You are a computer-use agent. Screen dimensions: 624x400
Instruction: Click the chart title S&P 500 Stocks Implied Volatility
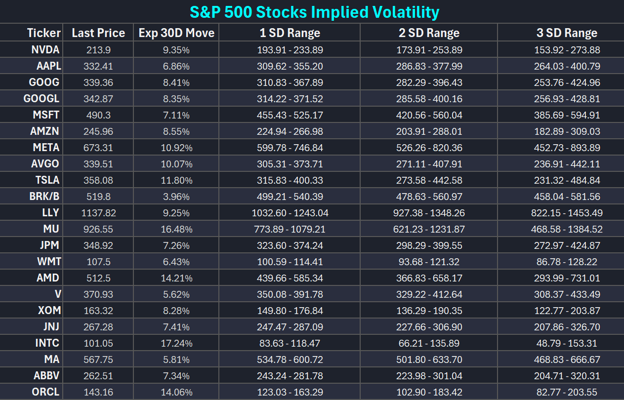315,12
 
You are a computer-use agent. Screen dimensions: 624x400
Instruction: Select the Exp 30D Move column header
176,33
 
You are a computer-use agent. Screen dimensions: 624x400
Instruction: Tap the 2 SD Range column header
429,33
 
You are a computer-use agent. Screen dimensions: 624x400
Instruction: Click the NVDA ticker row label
45,50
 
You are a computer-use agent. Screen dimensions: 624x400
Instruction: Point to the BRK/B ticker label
44,197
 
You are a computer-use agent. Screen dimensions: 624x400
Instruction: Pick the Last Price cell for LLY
98,213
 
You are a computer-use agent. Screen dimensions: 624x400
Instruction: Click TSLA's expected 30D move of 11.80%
176,180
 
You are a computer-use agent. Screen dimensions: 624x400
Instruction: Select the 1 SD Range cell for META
290,148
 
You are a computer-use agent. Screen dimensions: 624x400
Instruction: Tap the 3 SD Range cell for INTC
567,343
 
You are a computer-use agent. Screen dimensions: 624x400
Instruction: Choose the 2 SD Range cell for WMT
429,262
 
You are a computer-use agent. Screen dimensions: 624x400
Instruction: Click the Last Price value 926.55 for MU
98,229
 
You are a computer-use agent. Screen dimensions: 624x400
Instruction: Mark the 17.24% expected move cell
176,343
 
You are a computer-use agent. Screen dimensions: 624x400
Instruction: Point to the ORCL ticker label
45,392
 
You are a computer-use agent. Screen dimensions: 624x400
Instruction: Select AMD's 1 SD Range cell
290,278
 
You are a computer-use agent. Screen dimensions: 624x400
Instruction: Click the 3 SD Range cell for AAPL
567,66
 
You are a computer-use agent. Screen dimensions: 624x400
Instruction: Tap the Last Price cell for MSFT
98,115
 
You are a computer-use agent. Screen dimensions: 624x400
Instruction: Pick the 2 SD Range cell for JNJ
429,327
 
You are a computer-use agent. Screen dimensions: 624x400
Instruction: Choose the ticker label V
58,294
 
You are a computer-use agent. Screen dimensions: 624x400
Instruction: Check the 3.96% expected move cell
176,197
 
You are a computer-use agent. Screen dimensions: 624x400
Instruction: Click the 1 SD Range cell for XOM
290,311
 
